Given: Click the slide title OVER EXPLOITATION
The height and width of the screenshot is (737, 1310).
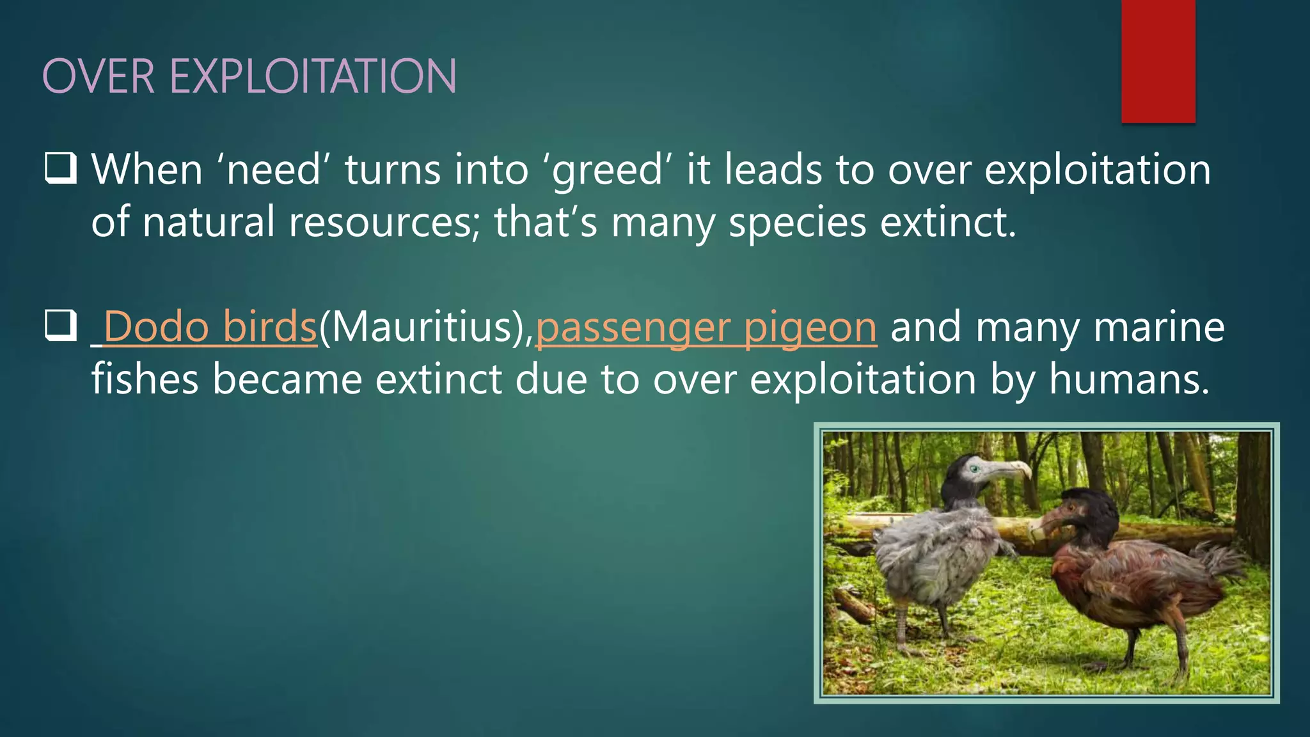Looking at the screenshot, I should (249, 77).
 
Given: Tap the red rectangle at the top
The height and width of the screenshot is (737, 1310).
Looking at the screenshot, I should (1158, 61).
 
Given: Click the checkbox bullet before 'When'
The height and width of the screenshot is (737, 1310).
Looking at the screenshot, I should (61, 168).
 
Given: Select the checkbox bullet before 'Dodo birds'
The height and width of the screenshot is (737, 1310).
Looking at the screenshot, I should (61, 326).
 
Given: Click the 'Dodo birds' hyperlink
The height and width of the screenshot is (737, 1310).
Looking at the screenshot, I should (210, 327).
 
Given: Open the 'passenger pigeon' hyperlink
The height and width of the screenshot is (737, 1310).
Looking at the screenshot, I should (706, 327).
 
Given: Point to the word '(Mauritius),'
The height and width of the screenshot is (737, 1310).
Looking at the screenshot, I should (426, 327).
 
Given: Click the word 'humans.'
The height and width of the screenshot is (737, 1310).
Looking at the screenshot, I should (1129, 379).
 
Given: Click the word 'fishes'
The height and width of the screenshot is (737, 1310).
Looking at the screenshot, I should (145, 379).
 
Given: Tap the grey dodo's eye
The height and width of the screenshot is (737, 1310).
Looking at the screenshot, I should (975, 469).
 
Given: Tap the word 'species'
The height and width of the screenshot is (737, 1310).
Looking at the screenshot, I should (797, 222).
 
